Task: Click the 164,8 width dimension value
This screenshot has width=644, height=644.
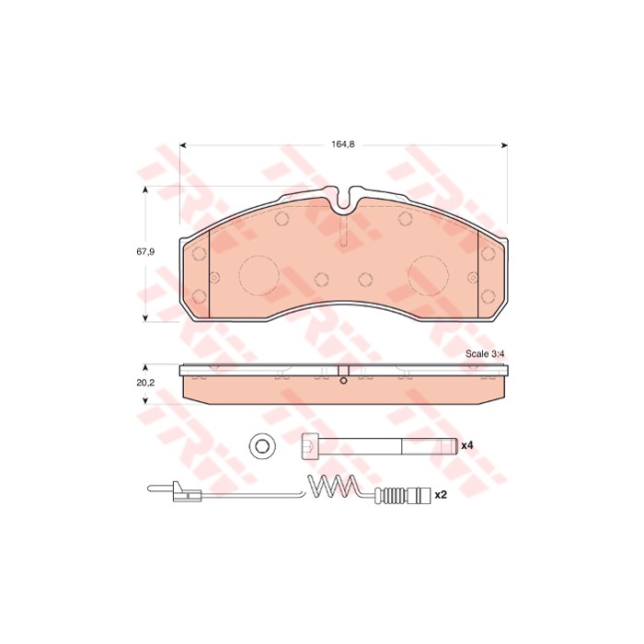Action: pos(343,144)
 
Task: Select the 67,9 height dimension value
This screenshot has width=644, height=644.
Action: pos(145,252)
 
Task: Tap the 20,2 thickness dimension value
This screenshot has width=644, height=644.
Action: pos(145,383)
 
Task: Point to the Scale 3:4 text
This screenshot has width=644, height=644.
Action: pos(485,354)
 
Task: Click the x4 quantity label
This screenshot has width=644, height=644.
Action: pos(467,445)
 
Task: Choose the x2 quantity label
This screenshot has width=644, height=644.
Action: pos(441,495)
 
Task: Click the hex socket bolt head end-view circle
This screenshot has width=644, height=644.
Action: pos(262,445)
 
